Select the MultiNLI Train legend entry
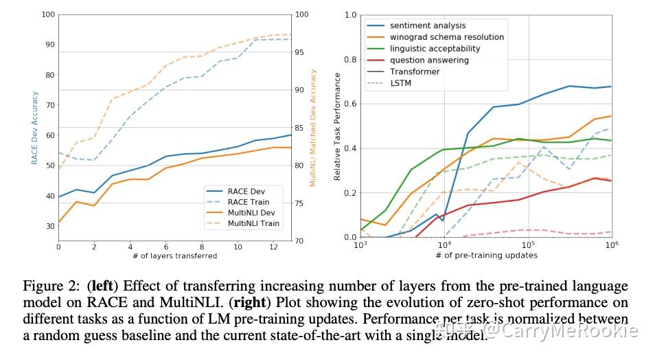point(253,223)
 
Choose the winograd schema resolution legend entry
point(446,37)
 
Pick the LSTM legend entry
point(400,83)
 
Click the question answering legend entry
point(429,60)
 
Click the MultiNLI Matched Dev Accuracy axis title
point(313,127)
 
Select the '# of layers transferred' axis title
point(175,256)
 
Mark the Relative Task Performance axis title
point(337,127)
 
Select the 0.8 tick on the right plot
point(350,59)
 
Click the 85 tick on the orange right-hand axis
point(299,128)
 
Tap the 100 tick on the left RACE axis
point(47,14)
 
